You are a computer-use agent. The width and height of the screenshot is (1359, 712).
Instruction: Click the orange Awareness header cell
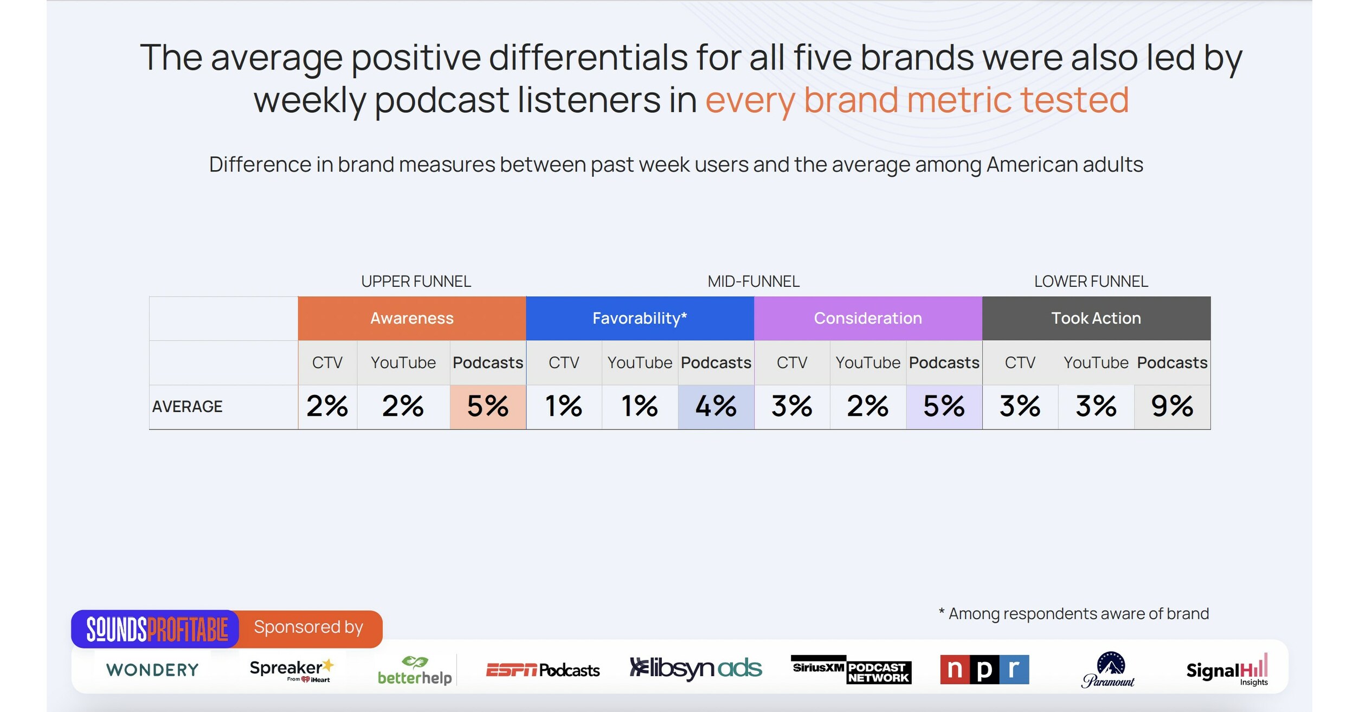411,318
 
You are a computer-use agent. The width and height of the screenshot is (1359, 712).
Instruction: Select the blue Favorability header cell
640,318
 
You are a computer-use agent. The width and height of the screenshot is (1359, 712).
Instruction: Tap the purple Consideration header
867,318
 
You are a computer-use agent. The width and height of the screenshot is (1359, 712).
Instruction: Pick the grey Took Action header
1096,318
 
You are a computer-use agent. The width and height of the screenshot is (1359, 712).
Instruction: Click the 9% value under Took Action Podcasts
1171,407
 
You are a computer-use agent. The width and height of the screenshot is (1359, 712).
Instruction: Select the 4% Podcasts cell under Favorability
716,407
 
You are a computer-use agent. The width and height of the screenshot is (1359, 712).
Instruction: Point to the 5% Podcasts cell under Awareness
487,407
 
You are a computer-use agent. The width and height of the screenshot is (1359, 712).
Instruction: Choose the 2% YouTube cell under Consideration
867,407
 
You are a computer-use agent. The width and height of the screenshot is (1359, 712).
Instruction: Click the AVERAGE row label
187,407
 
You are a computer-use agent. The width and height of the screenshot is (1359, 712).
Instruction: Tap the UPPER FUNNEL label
416,281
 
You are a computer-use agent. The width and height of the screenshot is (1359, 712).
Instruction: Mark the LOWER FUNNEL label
1091,281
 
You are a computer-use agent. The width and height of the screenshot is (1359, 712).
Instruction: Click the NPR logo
984,669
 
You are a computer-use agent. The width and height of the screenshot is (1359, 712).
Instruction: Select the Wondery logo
152,670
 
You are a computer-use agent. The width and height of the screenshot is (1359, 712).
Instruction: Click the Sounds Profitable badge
157,629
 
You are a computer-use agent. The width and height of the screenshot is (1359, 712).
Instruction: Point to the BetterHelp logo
415,671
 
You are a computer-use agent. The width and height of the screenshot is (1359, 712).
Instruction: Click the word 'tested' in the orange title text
1074,100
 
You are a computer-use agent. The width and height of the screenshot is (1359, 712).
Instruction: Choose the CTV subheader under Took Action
1020,363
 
